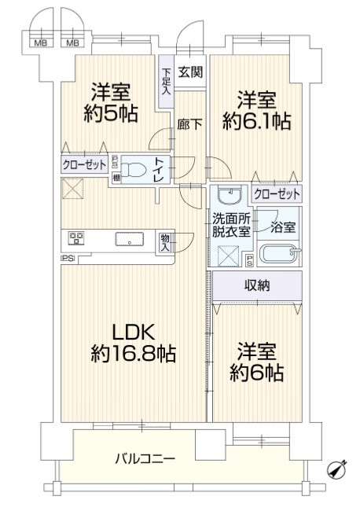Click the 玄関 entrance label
coord(190,72)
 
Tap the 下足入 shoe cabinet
coord(166,82)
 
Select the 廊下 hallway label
coord(189,124)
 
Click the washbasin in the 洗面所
coord(230,195)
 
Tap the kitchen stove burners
coord(76,238)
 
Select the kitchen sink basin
coord(129,240)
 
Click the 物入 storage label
coord(165,242)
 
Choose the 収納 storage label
coord(257,286)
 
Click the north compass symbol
coord(337,469)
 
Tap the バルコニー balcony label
coord(145,459)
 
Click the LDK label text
coord(134,333)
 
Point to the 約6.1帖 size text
coord(256,122)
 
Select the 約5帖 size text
coord(111,114)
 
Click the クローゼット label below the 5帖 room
coord(84,165)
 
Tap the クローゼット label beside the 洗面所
coord(277,194)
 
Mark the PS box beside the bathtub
coord(249,261)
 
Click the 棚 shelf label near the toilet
coord(116,178)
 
